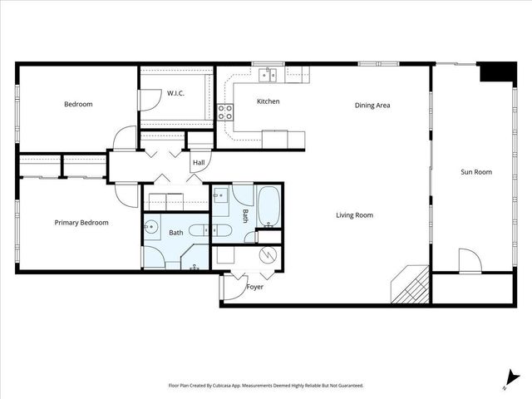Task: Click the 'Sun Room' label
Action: click(476, 172)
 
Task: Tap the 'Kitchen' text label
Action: click(268, 102)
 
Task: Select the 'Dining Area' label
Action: click(372, 106)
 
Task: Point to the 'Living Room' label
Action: click(354, 215)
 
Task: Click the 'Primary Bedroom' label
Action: click(81, 223)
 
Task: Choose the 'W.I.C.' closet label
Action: click(175, 93)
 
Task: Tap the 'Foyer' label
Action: click(255, 287)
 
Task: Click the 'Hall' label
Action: click(199, 163)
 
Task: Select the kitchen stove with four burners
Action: click(225, 112)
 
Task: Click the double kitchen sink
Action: click(268, 75)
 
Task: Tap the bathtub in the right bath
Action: click(269, 208)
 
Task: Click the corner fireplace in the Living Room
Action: click(411, 286)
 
